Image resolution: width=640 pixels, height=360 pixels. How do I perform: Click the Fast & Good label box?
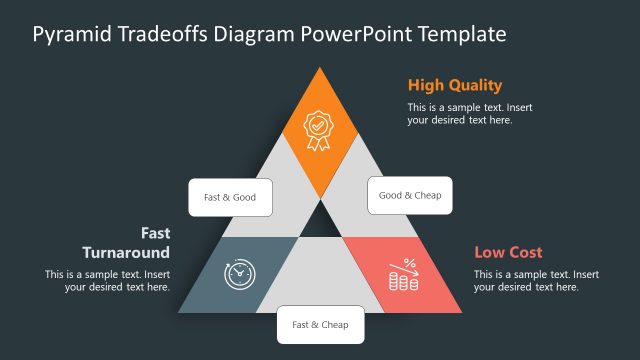click(x=230, y=197)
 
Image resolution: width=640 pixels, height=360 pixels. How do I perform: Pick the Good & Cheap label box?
click(x=410, y=195)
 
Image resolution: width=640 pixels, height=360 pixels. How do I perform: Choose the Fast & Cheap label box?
click(x=320, y=324)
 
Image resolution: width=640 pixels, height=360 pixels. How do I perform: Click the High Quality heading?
click(x=454, y=85)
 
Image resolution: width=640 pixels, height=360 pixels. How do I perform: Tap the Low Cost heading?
click(x=508, y=252)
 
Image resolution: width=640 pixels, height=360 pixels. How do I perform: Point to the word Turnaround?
click(x=125, y=252)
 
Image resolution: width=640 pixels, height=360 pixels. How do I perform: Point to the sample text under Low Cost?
click(x=536, y=280)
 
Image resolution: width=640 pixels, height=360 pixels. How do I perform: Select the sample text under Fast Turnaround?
click(x=107, y=280)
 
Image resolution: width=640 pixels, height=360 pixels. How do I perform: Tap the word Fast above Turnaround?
click(x=155, y=232)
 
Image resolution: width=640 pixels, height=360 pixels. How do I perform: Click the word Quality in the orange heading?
click(x=475, y=85)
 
